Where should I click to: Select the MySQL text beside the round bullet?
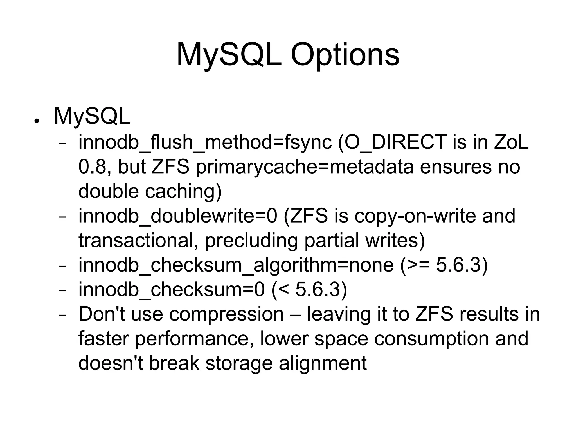coord(92,116)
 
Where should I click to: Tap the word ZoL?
coord(511,142)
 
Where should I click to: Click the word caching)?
coord(183,191)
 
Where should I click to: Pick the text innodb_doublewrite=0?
coord(178,216)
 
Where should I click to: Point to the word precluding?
coord(251,240)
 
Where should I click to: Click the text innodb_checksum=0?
coord(172,289)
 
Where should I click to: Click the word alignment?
coord(323,363)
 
